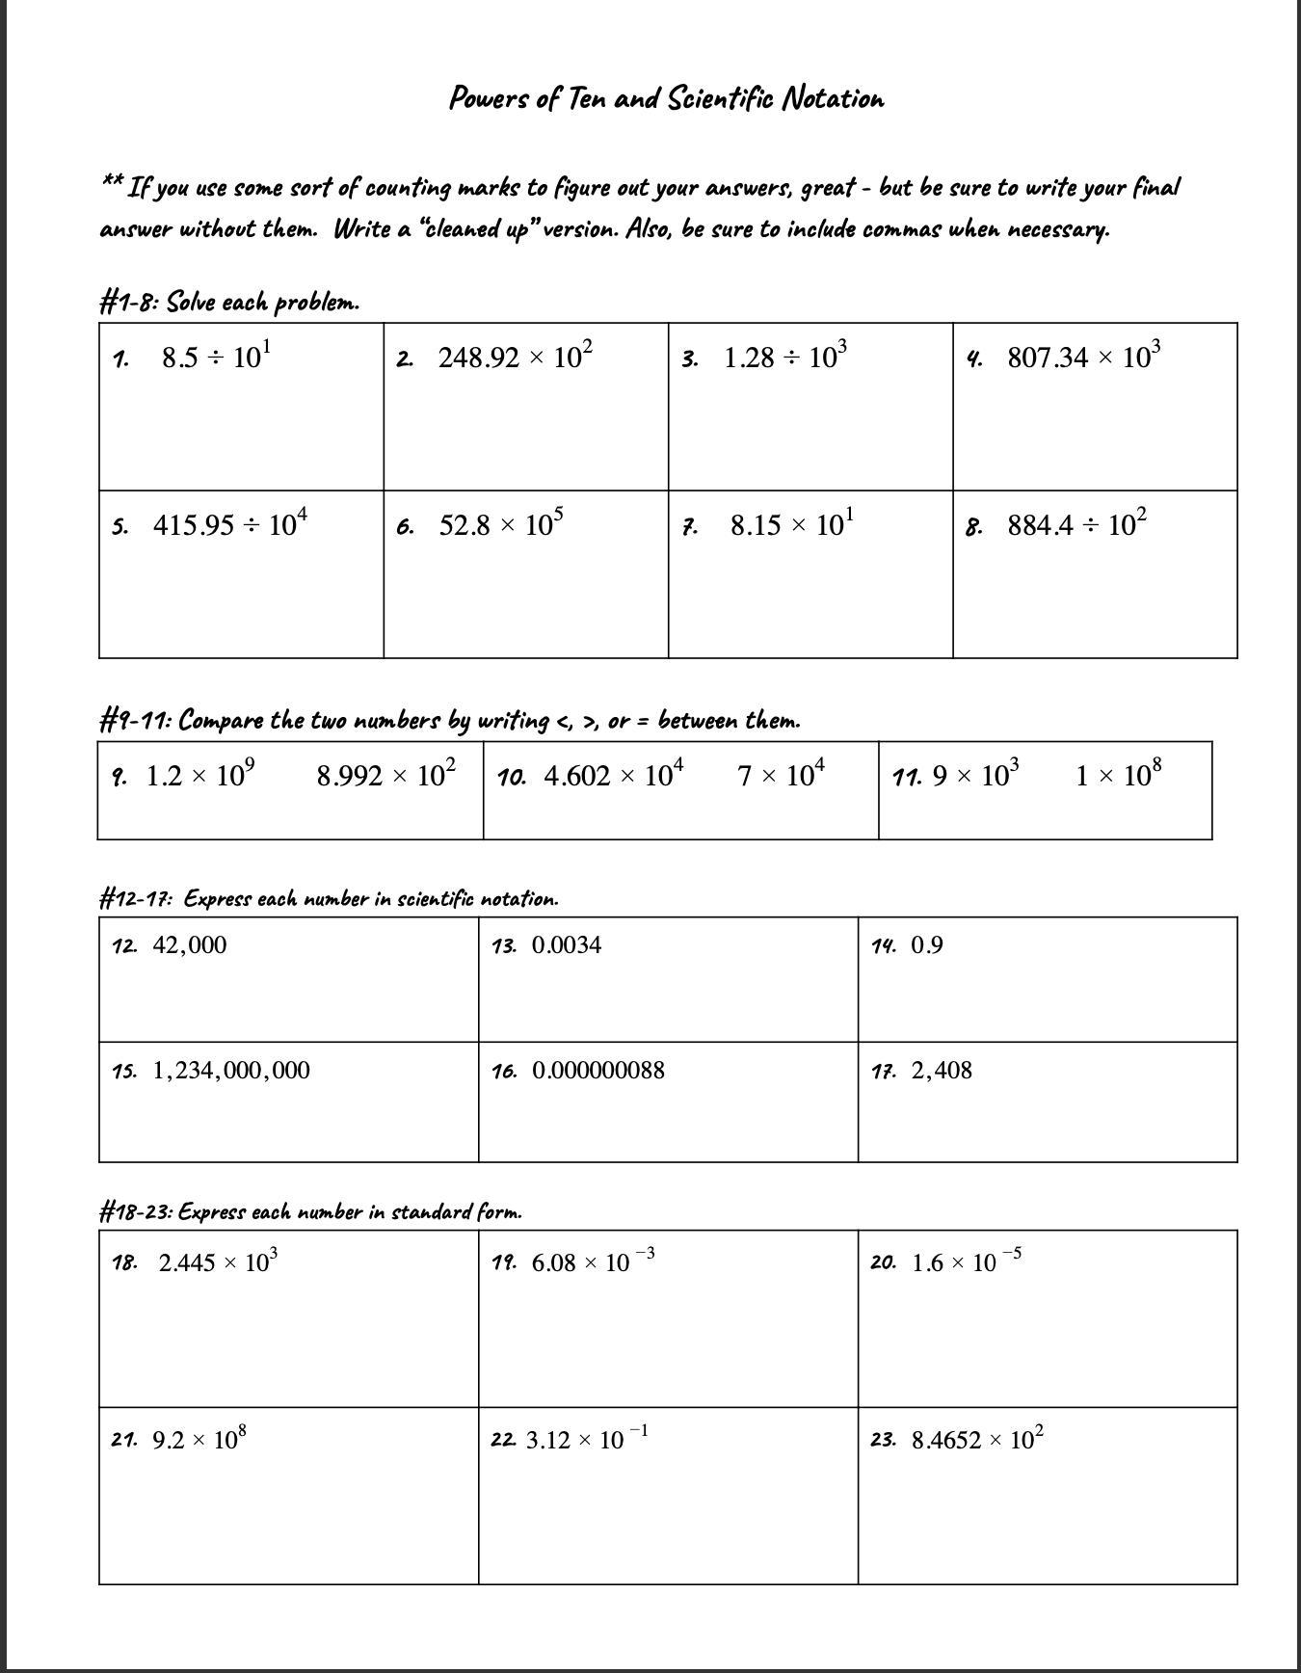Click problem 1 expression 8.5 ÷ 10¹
[x=216, y=357]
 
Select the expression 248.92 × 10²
[x=515, y=357]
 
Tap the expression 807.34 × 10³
[x=1083, y=357]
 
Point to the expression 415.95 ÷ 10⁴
[x=229, y=524]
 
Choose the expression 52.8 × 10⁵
[x=501, y=524]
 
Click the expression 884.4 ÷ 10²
[x=1076, y=524]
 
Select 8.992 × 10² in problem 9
[x=385, y=775]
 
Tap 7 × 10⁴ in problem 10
[x=781, y=775]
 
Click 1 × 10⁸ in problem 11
[x=1118, y=775]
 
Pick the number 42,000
[x=190, y=945]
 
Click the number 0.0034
[x=567, y=945]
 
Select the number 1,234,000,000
[x=231, y=1071]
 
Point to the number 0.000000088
[x=597, y=1071]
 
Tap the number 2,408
[x=942, y=1071]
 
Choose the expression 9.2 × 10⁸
[x=199, y=1439]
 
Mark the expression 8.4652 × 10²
[x=976, y=1439]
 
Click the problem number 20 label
[x=883, y=1262]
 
